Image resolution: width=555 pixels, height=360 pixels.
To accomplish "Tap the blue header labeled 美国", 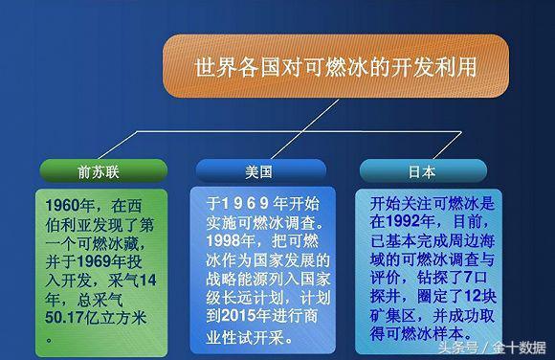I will tap(258, 172).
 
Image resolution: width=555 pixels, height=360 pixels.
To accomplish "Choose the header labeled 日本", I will tap(421, 172).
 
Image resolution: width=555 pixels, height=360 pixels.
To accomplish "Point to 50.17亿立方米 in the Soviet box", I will tap(96, 318).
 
